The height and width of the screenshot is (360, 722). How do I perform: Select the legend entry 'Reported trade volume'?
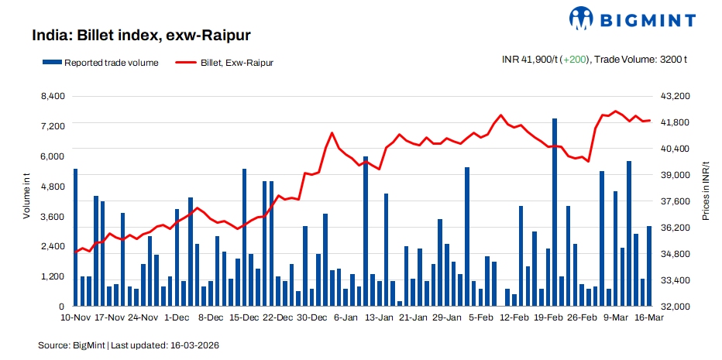click(105, 63)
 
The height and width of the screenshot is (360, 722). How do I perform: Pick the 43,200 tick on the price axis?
click(672, 96)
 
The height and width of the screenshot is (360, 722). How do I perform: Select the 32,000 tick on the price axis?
click(672, 307)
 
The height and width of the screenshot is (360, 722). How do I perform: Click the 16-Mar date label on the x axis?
click(648, 317)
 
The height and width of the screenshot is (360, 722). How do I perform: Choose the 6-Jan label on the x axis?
click(345, 317)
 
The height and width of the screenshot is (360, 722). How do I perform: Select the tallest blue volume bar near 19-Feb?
click(555, 212)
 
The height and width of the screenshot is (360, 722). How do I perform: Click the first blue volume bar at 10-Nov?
click(75, 237)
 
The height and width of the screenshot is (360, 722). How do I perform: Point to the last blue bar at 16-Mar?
click(648, 266)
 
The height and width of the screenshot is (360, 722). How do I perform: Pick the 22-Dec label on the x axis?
click(278, 317)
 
